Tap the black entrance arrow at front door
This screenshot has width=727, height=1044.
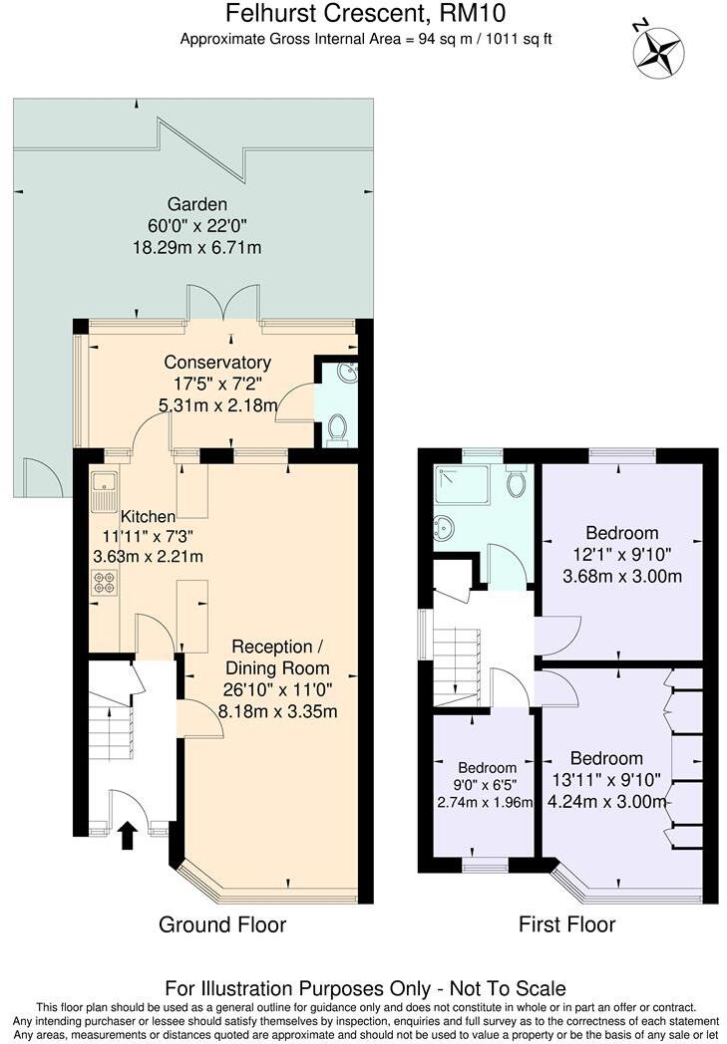(x=128, y=835)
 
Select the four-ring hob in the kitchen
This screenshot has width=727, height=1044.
(x=103, y=584)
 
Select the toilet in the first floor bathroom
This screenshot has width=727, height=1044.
(x=516, y=483)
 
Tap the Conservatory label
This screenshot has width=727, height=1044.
(x=217, y=362)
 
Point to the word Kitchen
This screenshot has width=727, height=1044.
(x=149, y=516)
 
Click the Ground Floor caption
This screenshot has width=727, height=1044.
(x=222, y=924)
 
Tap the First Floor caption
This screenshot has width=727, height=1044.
(x=566, y=924)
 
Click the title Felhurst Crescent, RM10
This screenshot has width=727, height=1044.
(x=365, y=14)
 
